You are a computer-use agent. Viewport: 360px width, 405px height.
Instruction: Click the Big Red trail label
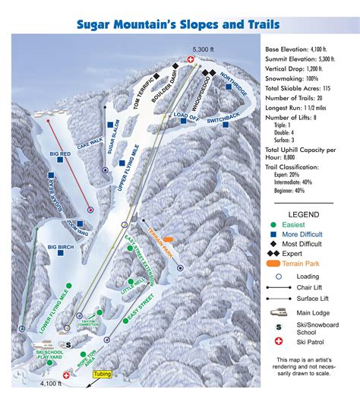[61, 154]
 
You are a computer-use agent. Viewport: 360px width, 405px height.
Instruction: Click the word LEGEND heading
[303, 214]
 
